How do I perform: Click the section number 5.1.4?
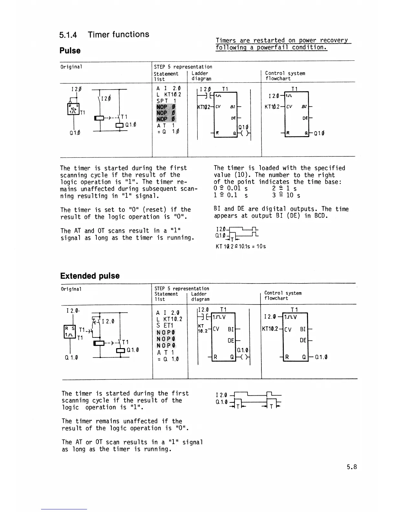(x=68, y=35)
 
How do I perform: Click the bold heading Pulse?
(x=70, y=51)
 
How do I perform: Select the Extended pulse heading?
(x=90, y=276)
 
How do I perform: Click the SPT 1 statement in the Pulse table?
(x=166, y=101)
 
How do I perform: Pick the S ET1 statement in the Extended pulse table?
(x=165, y=325)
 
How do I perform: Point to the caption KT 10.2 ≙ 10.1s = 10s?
(x=240, y=246)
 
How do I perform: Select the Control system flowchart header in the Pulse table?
(x=285, y=76)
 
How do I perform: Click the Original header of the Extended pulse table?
(x=71, y=289)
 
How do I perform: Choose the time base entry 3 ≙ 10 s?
(x=286, y=196)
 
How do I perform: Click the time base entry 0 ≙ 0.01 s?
(x=231, y=188)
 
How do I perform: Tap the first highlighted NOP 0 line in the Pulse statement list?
(x=166, y=107)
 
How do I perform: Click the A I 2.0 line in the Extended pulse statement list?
(x=168, y=313)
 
